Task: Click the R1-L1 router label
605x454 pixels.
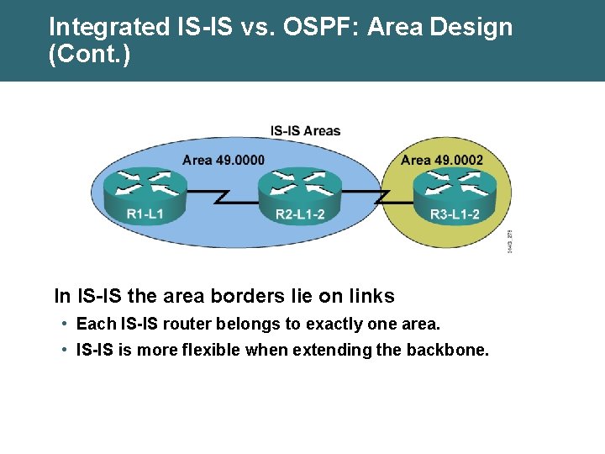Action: [145, 214]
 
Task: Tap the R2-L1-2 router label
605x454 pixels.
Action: [300, 214]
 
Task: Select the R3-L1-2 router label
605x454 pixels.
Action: [455, 214]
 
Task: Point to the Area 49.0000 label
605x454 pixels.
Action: [224, 160]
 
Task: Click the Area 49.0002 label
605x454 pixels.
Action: [442, 160]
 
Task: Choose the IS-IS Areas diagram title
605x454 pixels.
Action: [305, 131]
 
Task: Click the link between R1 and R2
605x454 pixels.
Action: [222, 196]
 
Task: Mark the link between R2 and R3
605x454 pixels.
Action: [380, 196]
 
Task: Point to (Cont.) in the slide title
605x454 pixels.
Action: [90, 55]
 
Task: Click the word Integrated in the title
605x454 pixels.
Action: [109, 27]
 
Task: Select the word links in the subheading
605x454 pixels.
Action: [370, 296]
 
